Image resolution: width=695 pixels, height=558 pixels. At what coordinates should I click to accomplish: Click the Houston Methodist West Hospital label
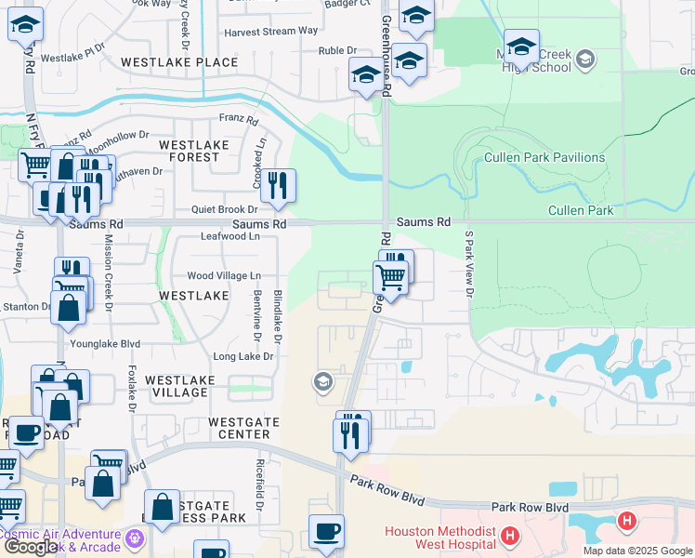pyautogui.click(x=440, y=540)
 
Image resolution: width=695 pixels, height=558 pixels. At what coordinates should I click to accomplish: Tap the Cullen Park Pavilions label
pyautogui.click(x=544, y=157)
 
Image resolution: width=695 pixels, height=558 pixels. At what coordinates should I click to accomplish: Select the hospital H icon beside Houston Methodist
pyautogui.click(x=509, y=536)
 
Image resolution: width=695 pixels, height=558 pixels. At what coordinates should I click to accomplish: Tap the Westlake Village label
pyautogui.click(x=180, y=386)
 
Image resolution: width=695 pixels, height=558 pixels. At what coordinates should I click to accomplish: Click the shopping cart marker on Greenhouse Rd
pyautogui.click(x=390, y=277)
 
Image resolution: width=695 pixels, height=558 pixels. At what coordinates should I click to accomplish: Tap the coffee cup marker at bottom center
pyautogui.click(x=326, y=533)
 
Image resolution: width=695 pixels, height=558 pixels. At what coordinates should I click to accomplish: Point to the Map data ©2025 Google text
pyautogui.click(x=637, y=551)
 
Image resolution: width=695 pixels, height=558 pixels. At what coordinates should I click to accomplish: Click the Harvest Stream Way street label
pyautogui.click(x=271, y=31)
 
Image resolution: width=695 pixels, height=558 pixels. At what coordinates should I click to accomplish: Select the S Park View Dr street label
pyautogui.click(x=469, y=266)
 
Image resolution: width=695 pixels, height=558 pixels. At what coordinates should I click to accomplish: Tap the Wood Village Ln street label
pyautogui.click(x=224, y=276)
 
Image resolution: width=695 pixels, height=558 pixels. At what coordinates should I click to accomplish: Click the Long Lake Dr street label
pyautogui.click(x=243, y=356)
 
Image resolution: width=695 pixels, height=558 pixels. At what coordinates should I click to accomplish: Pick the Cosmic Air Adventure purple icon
pyautogui.click(x=137, y=537)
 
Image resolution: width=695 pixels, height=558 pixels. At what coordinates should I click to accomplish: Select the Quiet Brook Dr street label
pyautogui.click(x=224, y=210)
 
